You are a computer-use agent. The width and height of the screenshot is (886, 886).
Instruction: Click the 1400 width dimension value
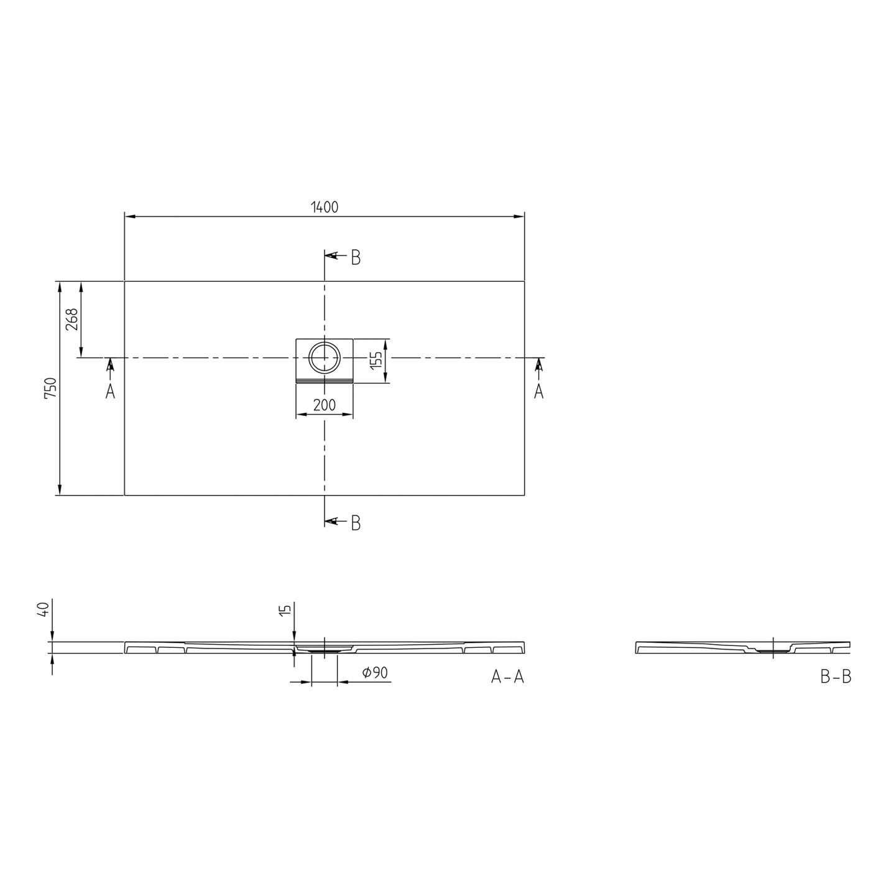325,208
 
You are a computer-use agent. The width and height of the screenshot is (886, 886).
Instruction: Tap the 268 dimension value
72,319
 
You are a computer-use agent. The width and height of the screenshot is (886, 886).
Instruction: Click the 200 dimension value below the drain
324,405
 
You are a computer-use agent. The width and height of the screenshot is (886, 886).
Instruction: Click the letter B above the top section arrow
356,258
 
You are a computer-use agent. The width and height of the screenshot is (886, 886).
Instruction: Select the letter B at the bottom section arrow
356,523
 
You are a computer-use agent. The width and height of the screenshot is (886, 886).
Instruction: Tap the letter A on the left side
110,391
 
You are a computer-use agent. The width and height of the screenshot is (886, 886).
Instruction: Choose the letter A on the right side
538,391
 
